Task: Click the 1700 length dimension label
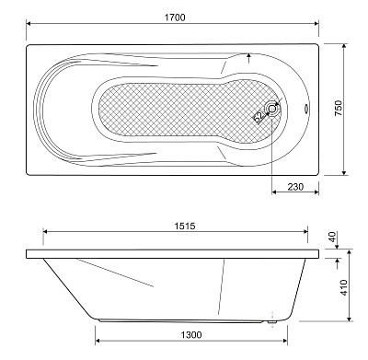point(175,17)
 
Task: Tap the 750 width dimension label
point(339,108)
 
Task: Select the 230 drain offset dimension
point(295,187)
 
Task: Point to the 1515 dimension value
point(185,226)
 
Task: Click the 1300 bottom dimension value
point(190,334)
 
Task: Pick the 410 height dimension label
point(344,287)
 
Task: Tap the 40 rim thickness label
point(333,237)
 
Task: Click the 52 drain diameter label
point(259,116)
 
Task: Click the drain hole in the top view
point(272,109)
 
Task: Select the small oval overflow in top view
point(306,109)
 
